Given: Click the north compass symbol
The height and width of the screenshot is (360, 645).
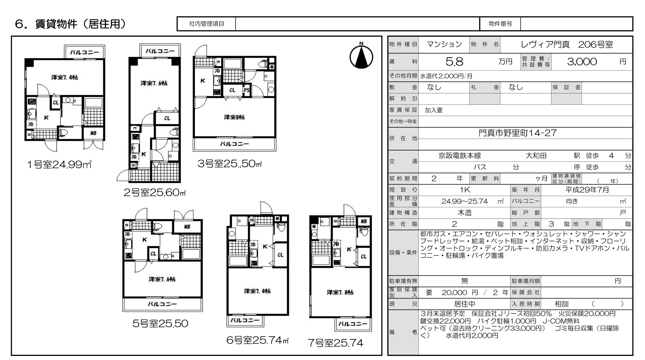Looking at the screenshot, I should [361, 57].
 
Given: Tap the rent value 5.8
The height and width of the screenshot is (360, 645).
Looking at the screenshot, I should [454, 62].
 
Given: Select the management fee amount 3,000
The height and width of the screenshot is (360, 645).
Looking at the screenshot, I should [582, 62].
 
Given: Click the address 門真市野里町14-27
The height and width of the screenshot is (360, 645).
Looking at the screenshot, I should [518, 133].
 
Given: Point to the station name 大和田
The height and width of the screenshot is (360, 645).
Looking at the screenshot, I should [536, 156].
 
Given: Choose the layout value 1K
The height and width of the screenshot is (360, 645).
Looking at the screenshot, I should [465, 190].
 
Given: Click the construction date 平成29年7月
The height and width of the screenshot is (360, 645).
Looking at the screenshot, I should [587, 190].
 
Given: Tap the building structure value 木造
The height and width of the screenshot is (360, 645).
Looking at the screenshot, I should [465, 213].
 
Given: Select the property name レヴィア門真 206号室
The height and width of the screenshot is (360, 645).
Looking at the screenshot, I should [567, 45].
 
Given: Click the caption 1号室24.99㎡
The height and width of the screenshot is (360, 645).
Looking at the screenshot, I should [59, 164].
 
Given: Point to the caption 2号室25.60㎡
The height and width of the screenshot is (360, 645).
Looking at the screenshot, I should [155, 192].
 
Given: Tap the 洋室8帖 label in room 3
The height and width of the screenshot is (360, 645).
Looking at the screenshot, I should [234, 117].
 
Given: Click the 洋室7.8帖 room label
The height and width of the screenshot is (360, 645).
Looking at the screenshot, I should [340, 292].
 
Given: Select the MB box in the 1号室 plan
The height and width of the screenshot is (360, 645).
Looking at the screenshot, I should [93, 133].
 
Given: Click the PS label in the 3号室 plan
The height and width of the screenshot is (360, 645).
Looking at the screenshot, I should [247, 90].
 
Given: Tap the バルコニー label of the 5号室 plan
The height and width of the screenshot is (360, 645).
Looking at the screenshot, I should [162, 304].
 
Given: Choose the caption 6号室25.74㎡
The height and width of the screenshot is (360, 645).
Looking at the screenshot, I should [257, 340].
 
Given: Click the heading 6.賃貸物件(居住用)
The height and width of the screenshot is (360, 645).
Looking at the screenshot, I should [70, 24].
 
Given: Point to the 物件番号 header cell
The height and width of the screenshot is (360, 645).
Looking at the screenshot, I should [500, 24].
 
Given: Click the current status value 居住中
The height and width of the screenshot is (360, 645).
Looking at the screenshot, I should [465, 304].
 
